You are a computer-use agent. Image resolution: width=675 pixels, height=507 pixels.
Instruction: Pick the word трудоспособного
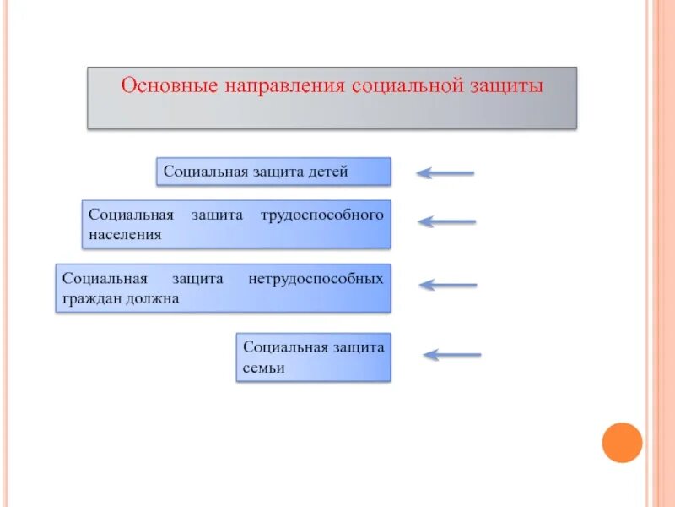(323, 215)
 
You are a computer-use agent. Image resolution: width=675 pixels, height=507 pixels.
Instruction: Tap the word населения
(125, 234)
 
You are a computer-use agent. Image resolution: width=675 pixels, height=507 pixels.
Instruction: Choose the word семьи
(264, 368)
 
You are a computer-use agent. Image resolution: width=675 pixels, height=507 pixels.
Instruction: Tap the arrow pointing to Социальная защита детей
(445, 173)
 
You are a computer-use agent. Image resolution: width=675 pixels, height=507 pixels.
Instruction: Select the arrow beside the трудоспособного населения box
(447, 222)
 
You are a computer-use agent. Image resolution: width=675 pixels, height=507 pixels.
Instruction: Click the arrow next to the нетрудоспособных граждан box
(448, 285)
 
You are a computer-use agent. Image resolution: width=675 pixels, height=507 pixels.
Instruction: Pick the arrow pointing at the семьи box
(452, 355)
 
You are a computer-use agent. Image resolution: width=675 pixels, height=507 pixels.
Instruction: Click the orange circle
(622, 442)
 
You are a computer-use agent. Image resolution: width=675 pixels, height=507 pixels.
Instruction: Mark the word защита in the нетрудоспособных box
(198, 278)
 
